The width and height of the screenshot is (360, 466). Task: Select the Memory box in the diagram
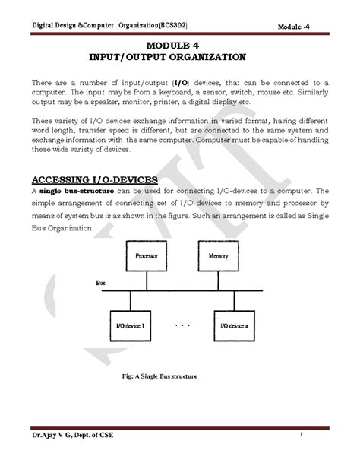[217, 257]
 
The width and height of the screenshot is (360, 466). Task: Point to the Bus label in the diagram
[99, 282]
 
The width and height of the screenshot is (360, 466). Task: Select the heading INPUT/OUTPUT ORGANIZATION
[179, 58]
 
